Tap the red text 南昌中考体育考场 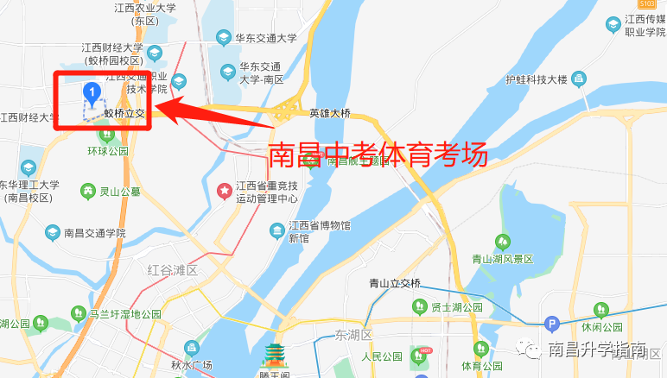(x=378, y=154)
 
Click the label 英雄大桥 (x=330, y=113)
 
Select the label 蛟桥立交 (x=123, y=113)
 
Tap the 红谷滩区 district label (x=173, y=270)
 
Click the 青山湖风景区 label (x=503, y=258)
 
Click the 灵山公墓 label (x=119, y=191)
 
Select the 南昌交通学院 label (x=94, y=233)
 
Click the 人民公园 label (x=383, y=356)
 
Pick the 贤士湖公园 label (x=456, y=307)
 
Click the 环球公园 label (x=106, y=151)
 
